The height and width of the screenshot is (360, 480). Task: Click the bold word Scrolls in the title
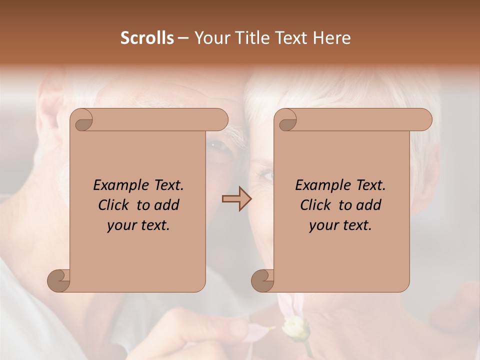point(147,38)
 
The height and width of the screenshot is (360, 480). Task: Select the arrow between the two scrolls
point(236,199)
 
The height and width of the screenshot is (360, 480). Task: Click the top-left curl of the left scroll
point(83,120)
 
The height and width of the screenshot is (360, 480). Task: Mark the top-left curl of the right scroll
point(287,120)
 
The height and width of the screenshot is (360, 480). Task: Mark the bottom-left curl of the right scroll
point(263,280)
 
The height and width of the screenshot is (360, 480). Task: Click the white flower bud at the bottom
point(292,328)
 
